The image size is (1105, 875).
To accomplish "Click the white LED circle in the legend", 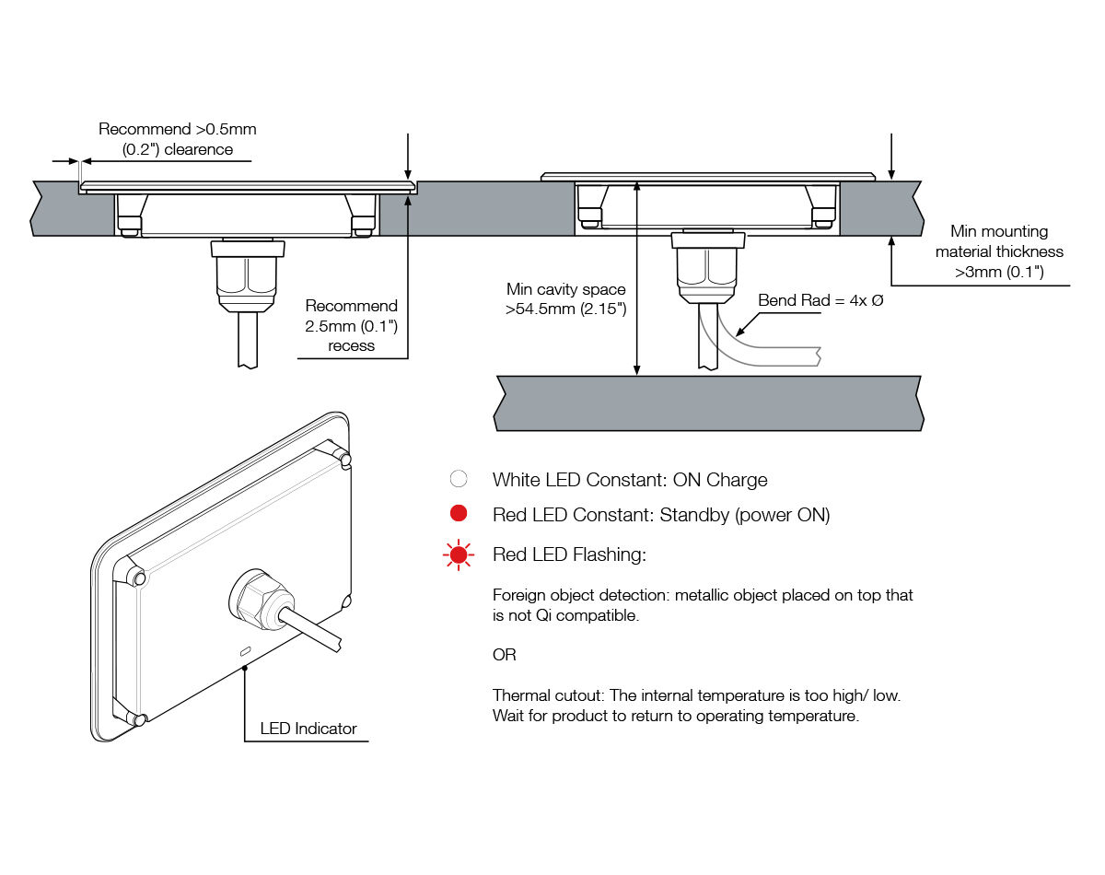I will [458, 479].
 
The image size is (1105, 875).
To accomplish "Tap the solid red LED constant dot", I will [458, 514].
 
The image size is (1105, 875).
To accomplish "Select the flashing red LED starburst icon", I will [458, 554].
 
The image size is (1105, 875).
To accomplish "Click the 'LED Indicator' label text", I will [308, 729].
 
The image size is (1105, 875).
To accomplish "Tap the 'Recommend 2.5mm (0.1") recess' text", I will [352, 325].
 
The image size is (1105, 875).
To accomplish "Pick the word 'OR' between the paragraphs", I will [505, 655].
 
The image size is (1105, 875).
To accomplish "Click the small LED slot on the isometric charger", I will [245, 651].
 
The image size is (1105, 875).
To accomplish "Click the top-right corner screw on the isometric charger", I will [343, 456].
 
